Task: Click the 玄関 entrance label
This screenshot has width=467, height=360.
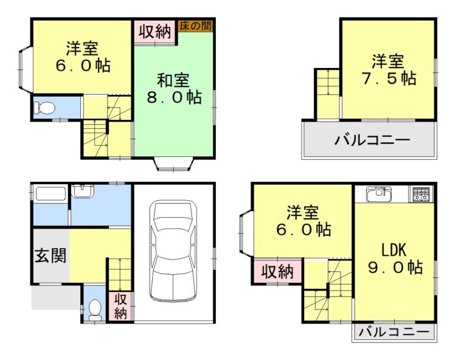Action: (x=50, y=255)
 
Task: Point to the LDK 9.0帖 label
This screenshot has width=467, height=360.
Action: (x=394, y=258)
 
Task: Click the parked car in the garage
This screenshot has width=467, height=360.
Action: (x=173, y=251)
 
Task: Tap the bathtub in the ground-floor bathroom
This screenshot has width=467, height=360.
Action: (x=51, y=195)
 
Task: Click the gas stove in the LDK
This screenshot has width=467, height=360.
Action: (x=421, y=195)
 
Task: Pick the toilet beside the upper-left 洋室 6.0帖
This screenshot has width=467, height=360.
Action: (x=45, y=108)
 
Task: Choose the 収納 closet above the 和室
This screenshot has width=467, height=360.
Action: (x=154, y=31)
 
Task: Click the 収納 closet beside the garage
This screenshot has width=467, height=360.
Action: (x=120, y=306)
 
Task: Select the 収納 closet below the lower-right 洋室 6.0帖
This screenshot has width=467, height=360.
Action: (x=277, y=272)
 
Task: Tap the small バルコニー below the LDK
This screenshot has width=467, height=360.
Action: (x=393, y=332)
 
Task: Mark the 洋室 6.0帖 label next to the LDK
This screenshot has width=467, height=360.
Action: (x=302, y=221)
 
